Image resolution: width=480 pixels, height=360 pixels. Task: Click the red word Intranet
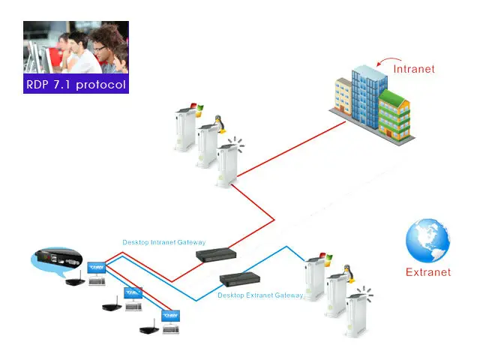point(414,69)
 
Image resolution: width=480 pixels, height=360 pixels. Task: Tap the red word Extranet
point(428,272)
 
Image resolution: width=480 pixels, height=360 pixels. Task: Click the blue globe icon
point(427,241)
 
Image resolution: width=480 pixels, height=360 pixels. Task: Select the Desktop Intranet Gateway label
point(164,242)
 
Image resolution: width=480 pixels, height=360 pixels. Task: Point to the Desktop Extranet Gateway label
point(260,295)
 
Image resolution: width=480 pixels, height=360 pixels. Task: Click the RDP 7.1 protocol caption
point(76,84)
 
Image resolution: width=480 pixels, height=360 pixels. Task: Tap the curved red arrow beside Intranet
point(388,61)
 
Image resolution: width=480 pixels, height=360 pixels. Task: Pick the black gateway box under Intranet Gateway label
point(216,255)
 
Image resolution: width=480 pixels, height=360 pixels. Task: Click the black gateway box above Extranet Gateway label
point(240,279)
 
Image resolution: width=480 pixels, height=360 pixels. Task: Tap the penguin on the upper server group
point(218,124)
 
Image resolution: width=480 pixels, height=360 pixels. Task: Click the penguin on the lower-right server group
point(348,273)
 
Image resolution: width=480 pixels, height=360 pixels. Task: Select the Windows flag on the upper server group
point(196,109)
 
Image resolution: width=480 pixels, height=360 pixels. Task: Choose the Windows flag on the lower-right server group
point(325,259)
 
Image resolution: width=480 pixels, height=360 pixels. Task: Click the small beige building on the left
point(343,96)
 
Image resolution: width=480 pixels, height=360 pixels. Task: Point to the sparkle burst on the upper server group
point(236,144)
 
